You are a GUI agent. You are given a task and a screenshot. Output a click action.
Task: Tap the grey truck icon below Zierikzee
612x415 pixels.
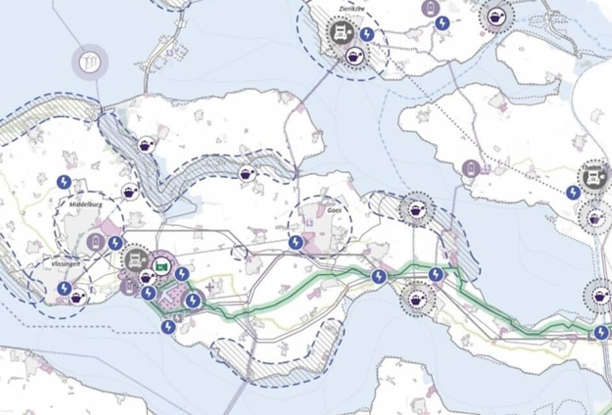pos(341,32)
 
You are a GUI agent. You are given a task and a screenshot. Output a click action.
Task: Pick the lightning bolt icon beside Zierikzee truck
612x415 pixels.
pos(367,34)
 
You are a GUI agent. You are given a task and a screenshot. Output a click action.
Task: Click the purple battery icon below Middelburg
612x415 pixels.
pos(95,243)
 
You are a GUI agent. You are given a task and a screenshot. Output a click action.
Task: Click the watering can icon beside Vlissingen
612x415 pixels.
pos(78,297)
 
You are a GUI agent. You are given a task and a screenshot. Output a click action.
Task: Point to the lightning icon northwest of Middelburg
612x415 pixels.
pos(63,182)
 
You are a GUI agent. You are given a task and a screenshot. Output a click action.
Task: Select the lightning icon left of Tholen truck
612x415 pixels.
pos(572,192)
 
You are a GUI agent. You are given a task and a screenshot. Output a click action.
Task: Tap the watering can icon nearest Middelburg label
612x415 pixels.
pos(130,192)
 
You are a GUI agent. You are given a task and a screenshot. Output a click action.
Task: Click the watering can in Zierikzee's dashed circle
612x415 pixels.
pos(355,56)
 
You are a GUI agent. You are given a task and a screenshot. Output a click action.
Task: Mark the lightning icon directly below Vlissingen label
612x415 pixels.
pos(64,288)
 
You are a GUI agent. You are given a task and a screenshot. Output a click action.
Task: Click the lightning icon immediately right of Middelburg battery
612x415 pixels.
pos(115,243)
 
